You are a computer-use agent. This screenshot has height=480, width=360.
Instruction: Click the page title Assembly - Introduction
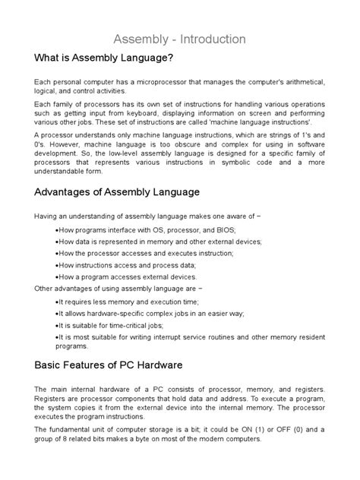tap(179, 37)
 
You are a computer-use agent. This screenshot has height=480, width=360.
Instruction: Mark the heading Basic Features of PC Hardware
tap(112, 365)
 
